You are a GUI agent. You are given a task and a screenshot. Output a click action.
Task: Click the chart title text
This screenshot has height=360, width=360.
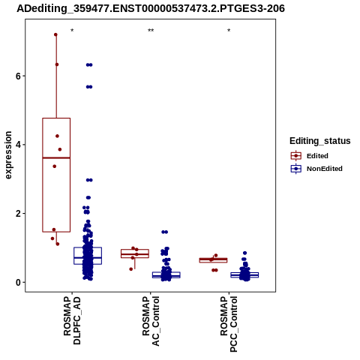151,9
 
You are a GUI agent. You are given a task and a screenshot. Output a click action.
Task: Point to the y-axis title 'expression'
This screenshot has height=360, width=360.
8,155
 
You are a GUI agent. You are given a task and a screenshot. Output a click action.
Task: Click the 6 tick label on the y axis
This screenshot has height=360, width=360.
18,76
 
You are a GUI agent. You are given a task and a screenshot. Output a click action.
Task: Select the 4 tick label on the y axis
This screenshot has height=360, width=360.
18,145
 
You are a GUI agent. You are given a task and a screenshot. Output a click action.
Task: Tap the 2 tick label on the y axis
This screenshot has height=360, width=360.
18,214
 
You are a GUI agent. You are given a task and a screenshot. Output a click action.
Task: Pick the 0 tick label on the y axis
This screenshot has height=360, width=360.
18,282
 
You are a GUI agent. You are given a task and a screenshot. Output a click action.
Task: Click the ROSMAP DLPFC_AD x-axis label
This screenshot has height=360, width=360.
72,320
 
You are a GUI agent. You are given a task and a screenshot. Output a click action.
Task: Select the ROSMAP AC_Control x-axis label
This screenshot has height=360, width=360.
151,321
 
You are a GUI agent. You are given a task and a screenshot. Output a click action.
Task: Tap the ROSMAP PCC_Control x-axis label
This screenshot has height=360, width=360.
229,324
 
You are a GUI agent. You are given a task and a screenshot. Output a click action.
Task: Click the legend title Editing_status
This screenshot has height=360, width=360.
320,141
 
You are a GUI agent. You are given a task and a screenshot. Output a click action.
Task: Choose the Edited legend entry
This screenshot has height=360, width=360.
310,156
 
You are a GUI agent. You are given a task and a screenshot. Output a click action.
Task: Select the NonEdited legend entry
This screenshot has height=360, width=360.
316,169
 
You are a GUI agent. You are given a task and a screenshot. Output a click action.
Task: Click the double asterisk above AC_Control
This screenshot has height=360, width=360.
151,31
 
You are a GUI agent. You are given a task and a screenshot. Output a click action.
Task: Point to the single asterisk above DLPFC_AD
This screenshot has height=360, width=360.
72,31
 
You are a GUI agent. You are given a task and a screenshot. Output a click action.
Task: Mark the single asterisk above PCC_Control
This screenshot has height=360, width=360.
229,31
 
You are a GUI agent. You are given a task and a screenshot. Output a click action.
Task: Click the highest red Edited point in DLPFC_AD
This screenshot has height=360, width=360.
55,34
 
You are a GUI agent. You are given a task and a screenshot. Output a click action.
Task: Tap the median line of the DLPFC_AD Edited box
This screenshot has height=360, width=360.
56,157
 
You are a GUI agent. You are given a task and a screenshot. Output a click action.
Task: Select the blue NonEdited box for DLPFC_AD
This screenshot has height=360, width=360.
88,247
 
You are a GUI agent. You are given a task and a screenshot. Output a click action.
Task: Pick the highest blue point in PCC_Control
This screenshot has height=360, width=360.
245,253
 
